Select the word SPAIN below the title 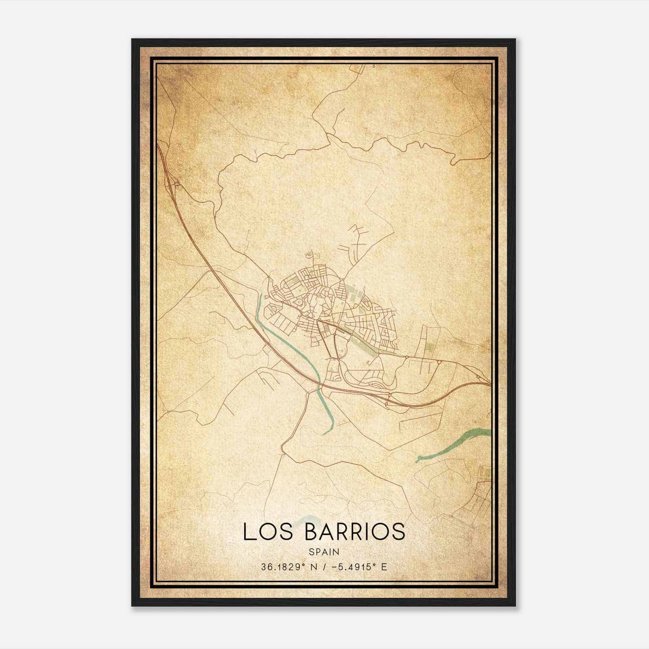[x=324, y=552]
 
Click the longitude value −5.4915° [x=352, y=567]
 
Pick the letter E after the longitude [x=384, y=567]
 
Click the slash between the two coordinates [x=322, y=567]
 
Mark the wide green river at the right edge [x=458, y=444]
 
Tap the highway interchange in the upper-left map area [x=177, y=185]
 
